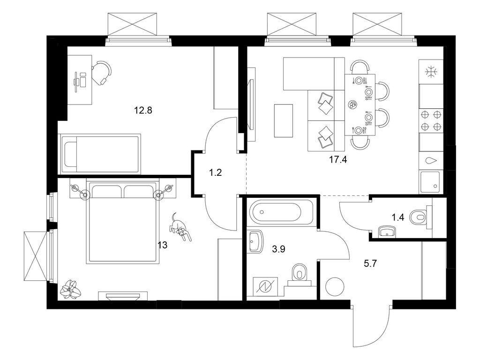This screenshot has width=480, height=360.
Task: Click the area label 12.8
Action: coord(144,111)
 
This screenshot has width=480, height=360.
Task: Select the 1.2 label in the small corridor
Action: coord(215,172)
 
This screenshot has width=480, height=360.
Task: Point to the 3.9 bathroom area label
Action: coord(279,249)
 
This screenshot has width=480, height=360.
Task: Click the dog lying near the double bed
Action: coord(180,228)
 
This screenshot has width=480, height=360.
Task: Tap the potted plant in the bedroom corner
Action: coord(70,289)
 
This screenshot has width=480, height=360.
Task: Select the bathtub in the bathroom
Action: coord(278,212)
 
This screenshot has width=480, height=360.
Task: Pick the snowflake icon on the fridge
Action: coord(430,72)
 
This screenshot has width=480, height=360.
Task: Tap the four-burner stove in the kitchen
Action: coord(431,120)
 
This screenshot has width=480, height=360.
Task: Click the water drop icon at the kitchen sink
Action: coord(430,160)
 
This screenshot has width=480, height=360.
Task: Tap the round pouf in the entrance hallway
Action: coord(335,286)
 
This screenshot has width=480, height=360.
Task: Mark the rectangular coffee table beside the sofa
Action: coord(283,120)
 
